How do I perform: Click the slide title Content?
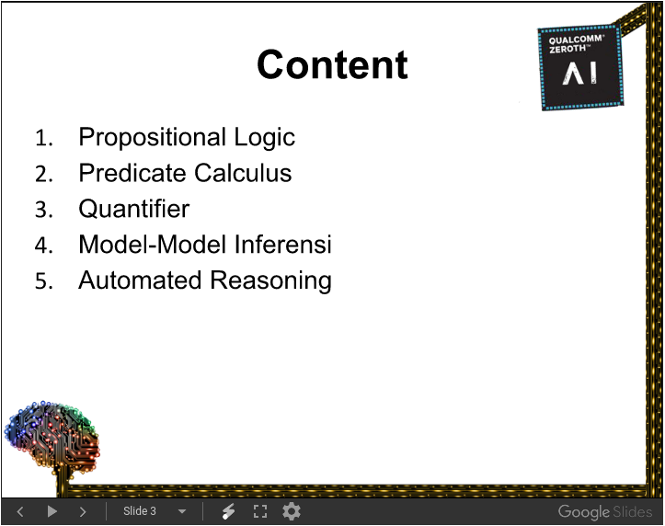point(332,65)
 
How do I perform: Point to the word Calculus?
point(244,173)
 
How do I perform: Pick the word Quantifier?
point(134,209)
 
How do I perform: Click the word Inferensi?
point(283,245)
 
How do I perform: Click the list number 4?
point(43,246)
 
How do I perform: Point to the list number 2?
point(43,174)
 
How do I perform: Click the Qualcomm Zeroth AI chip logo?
point(580,67)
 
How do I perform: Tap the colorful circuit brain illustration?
point(52,438)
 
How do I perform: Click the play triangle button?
point(52,511)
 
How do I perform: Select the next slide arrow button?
point(83,511)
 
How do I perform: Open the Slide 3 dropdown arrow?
point(182,511)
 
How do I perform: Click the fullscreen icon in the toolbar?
point(260,511)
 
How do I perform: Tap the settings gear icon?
point(292,511)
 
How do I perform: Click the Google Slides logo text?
point(605,512)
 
